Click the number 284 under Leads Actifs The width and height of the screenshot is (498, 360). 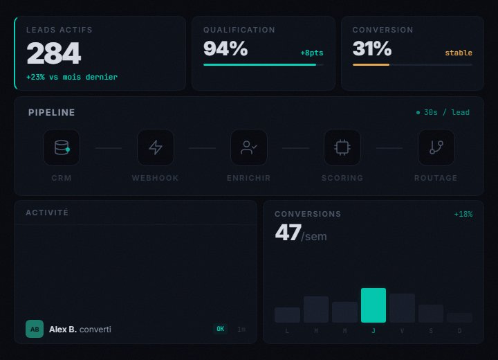(x=53, y=54)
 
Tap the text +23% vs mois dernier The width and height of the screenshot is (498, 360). (x=72, y=77)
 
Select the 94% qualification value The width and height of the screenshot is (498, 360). (x=225, y=48)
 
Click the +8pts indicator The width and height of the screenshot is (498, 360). (x=311, y=53)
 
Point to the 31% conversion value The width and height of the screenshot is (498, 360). (x=372, y=48)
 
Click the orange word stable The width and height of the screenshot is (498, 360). (x=459, y=53)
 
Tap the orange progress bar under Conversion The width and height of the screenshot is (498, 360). (x=371, y=64)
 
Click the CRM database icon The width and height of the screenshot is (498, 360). (x=62, y=147)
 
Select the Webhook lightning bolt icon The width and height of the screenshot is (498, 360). (x=156, y=147)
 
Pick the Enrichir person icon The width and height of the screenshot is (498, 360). (x=249, y=147)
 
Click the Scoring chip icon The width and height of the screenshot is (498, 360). (x=342, y=147)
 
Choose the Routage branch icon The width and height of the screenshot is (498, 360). (x=436, y=147)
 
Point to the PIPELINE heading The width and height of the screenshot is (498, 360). (x=52, y=112)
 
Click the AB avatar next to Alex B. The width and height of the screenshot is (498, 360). (x=35, y=329)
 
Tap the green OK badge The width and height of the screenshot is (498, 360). (x=220, y=329)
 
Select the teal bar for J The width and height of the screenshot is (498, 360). (x=373, y=305)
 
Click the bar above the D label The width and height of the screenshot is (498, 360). (x=459, y=318)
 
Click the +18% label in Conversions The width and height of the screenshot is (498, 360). (x=463, y=215)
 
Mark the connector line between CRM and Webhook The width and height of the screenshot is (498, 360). (x=109, y=148)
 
